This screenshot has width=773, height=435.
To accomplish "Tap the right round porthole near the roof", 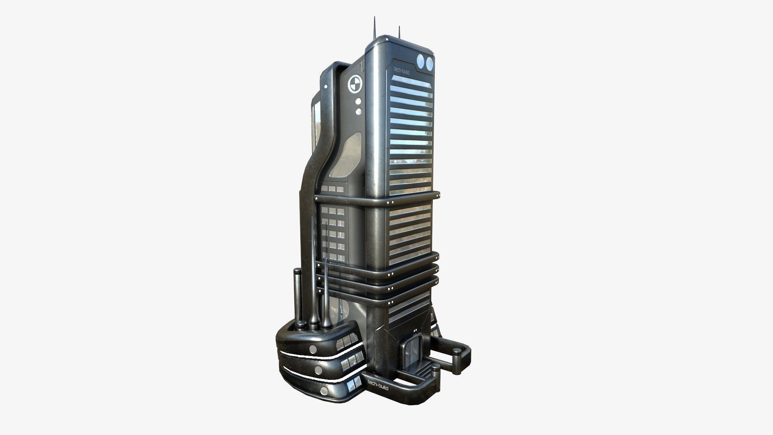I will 430,62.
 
